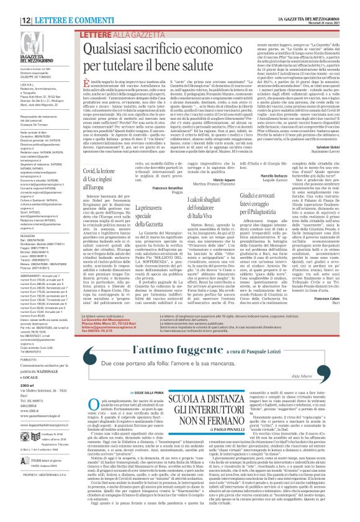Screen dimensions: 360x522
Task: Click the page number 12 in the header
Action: coord(12,5)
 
